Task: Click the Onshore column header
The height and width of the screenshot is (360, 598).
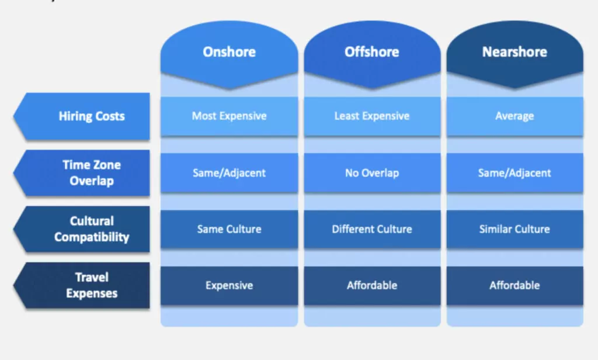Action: point(229,53)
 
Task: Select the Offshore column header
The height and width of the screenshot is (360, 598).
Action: point(372,53)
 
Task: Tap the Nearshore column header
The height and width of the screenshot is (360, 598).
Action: point(514,53)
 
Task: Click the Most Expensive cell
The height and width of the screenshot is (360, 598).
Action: point(229,116)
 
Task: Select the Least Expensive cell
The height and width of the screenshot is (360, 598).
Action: point(372,116)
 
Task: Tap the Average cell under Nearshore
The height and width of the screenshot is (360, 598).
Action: point(514,116)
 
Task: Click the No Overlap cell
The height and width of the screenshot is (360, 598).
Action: point(372,173)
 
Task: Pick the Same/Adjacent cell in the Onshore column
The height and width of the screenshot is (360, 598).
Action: point(229,173)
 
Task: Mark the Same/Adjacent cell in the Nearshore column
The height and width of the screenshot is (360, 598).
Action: point(514,173)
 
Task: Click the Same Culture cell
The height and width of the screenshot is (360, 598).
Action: point(229,229)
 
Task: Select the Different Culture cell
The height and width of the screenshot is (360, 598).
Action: point(372,229)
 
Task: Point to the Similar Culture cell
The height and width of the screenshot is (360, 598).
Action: point(514,229)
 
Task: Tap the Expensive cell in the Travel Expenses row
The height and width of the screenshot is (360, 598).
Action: point(229,286)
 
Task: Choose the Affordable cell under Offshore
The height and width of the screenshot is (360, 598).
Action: point(372,286)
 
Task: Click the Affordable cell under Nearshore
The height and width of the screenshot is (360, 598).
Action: point(514,286)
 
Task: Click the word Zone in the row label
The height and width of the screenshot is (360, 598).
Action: point(106,165)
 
